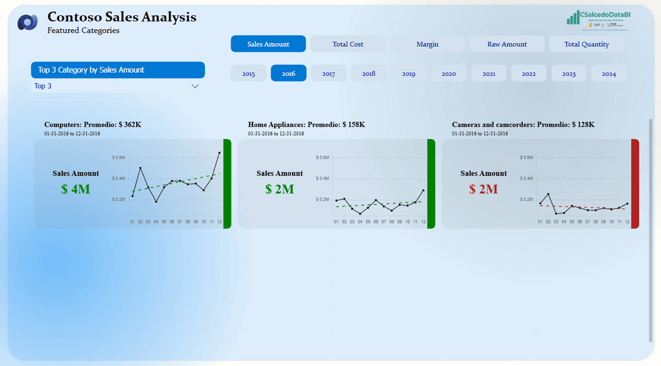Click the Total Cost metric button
coord(348,44)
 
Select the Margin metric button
coord(427,44)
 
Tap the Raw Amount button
coord(507,44)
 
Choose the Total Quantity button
coord(587,44)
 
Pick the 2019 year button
coord(409,73)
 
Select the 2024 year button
coord(609,73)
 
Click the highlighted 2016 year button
coord(289,73)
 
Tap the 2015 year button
coord(248,73)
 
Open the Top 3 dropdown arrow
coord(194,87)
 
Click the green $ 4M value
coord(76,189)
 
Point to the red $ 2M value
coord(484,189)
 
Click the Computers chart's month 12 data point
coord(220,153)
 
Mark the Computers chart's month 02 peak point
coord(140,168)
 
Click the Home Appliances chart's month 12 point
coord(424,191)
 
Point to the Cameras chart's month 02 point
coord(548,194)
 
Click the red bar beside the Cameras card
coord(635,184)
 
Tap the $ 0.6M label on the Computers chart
coord(119,158)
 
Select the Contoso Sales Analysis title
coord(122,17)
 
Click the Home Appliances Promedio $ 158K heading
coord(306,125)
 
